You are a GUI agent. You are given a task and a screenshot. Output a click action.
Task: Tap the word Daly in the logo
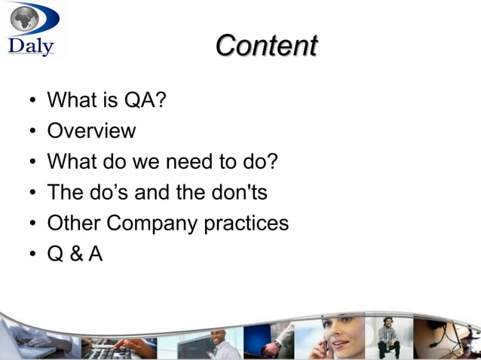coord(31,46)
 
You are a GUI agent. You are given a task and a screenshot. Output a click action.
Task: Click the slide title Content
coord(265,45)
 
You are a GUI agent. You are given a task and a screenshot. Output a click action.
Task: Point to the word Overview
coord(91,131)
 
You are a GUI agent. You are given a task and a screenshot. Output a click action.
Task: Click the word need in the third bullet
coord(181,162)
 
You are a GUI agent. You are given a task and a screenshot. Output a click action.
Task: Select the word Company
coord(155,224)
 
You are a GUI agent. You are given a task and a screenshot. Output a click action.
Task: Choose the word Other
coord(73,224)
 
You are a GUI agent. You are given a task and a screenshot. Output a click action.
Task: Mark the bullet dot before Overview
coord(32,132)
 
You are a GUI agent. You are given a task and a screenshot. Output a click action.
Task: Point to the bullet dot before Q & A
coord(32,255)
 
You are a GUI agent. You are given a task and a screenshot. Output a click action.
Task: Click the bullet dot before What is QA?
coord(32,101)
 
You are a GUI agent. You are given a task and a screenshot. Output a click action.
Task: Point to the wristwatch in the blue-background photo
coord(278,343)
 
